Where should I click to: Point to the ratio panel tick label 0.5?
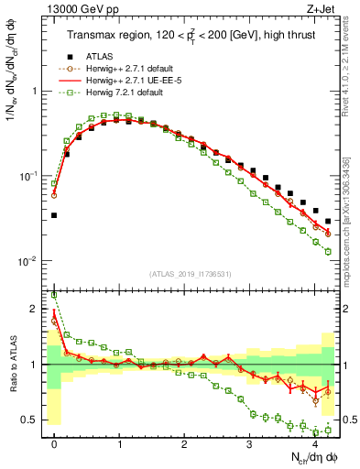(x=32, y=420)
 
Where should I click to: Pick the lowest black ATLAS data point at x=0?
(x=54, y=215)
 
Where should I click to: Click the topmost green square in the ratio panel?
(x=54, y=295)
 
